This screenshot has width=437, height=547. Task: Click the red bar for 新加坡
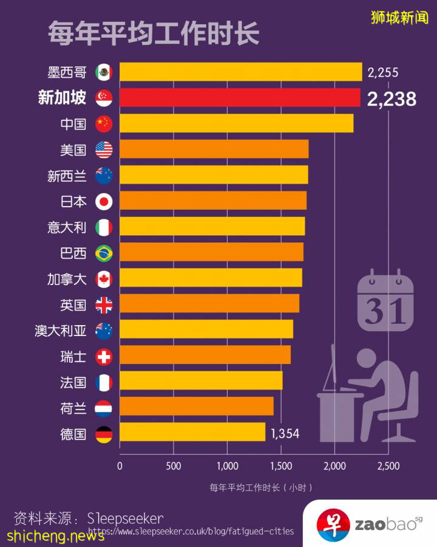click(x=240, y=98)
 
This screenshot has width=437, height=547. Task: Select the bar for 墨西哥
click(x=240, y=72)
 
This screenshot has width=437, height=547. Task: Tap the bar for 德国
click(x=192, y=433)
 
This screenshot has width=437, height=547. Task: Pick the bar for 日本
click(x=213, y=201)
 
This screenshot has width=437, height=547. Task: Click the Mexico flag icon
click(x=104, y=72)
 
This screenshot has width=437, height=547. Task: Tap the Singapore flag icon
click(x=104, y=98)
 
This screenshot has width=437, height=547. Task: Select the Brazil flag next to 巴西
click(x=104, y=252)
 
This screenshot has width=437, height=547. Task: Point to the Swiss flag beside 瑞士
click(x=104, y=357)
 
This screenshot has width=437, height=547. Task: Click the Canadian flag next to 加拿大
click(x=104, y=278)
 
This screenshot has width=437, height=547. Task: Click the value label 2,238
click(x=391, y=99)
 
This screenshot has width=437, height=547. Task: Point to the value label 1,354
click(x=285, y=434)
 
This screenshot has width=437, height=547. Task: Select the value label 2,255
click(x=383, y=73)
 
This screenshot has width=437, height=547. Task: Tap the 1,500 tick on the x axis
click(x=280, y=466)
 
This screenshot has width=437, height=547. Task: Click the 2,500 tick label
click(x=388, y=466)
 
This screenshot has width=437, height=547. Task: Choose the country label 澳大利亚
click(x=61, y=331)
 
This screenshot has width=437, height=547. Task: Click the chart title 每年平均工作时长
click(x=154, y=33)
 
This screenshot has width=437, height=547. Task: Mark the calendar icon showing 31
click(x=385, y=302)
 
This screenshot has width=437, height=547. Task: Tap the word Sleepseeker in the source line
click(x=125, y=518)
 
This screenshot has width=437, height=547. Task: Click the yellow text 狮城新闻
click(x=399, y=18)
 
